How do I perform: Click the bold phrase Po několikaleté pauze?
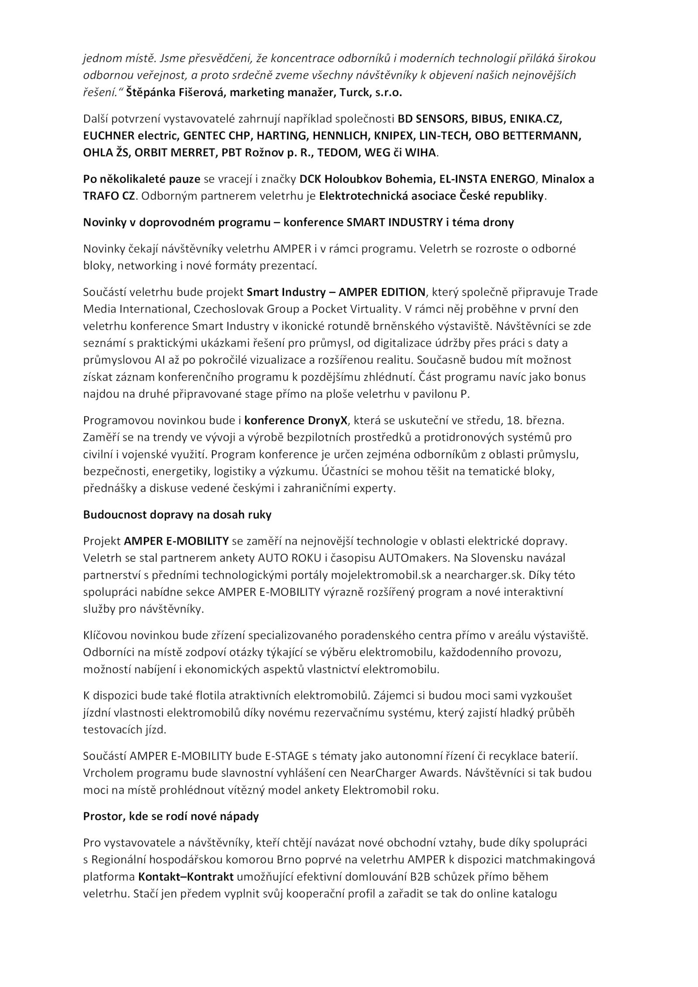point(142,179)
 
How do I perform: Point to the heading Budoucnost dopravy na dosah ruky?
point(177,514)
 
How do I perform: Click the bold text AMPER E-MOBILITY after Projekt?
point(176,541)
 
